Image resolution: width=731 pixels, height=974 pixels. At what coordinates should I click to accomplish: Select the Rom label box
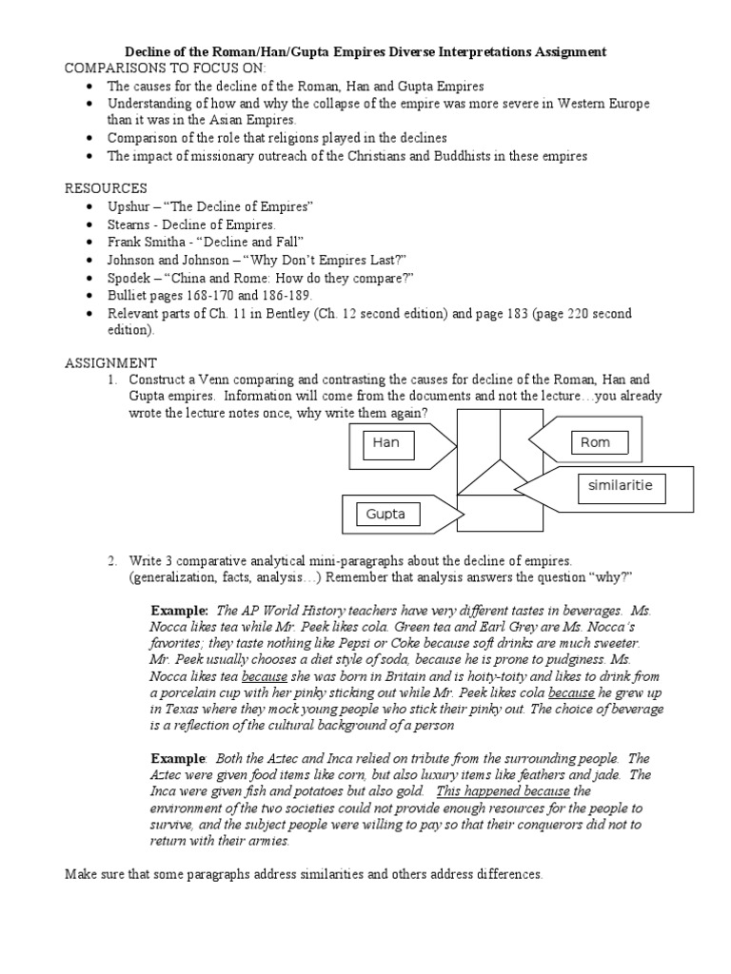[595, 442]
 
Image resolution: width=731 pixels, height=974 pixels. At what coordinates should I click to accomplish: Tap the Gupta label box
[385, 515]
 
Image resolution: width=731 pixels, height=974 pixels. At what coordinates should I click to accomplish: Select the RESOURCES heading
[106, 188]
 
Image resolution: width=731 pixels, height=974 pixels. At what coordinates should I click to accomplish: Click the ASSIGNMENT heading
[110, 363]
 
